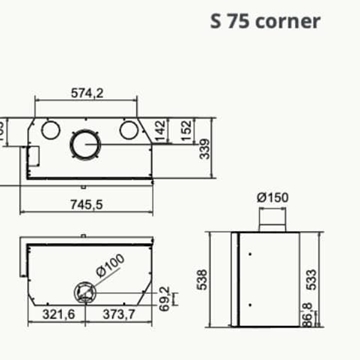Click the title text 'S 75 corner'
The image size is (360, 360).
click(x=267, y=20)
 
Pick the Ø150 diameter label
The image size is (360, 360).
click(x=273, y=197)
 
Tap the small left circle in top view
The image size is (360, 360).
click(x=49, y=130)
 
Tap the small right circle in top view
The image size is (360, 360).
click(x=127, y=130)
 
